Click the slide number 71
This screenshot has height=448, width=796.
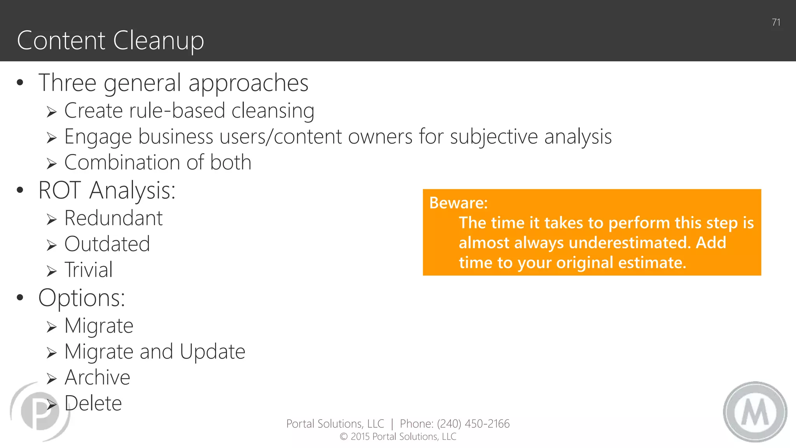[x=776, y=23]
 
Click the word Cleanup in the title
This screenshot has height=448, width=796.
[x=158, y=40]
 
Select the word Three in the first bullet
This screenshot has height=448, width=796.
[x=67, y=83]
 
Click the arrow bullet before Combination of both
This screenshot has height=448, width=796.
[x=52, y=164]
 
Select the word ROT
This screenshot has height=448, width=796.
[x=59, y=191]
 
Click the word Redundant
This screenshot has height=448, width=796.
[x=113, y=218]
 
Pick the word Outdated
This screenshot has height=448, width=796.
[x=107, y=244]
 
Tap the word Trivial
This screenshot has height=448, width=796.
[x=89, y=270]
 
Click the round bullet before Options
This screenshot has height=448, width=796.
[x=20, y=298]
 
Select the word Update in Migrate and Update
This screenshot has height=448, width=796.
[x=212, y=352]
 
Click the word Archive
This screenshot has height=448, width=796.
[x=97, y=378]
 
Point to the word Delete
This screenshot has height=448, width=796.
[x=93, y=404]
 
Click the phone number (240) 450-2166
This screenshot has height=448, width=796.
[x=473, y=424]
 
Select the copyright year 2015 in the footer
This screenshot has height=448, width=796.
[x=360, y=437]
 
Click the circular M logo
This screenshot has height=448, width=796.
[x=755, y=412]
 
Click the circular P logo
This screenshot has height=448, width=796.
[x=40, y=411]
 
